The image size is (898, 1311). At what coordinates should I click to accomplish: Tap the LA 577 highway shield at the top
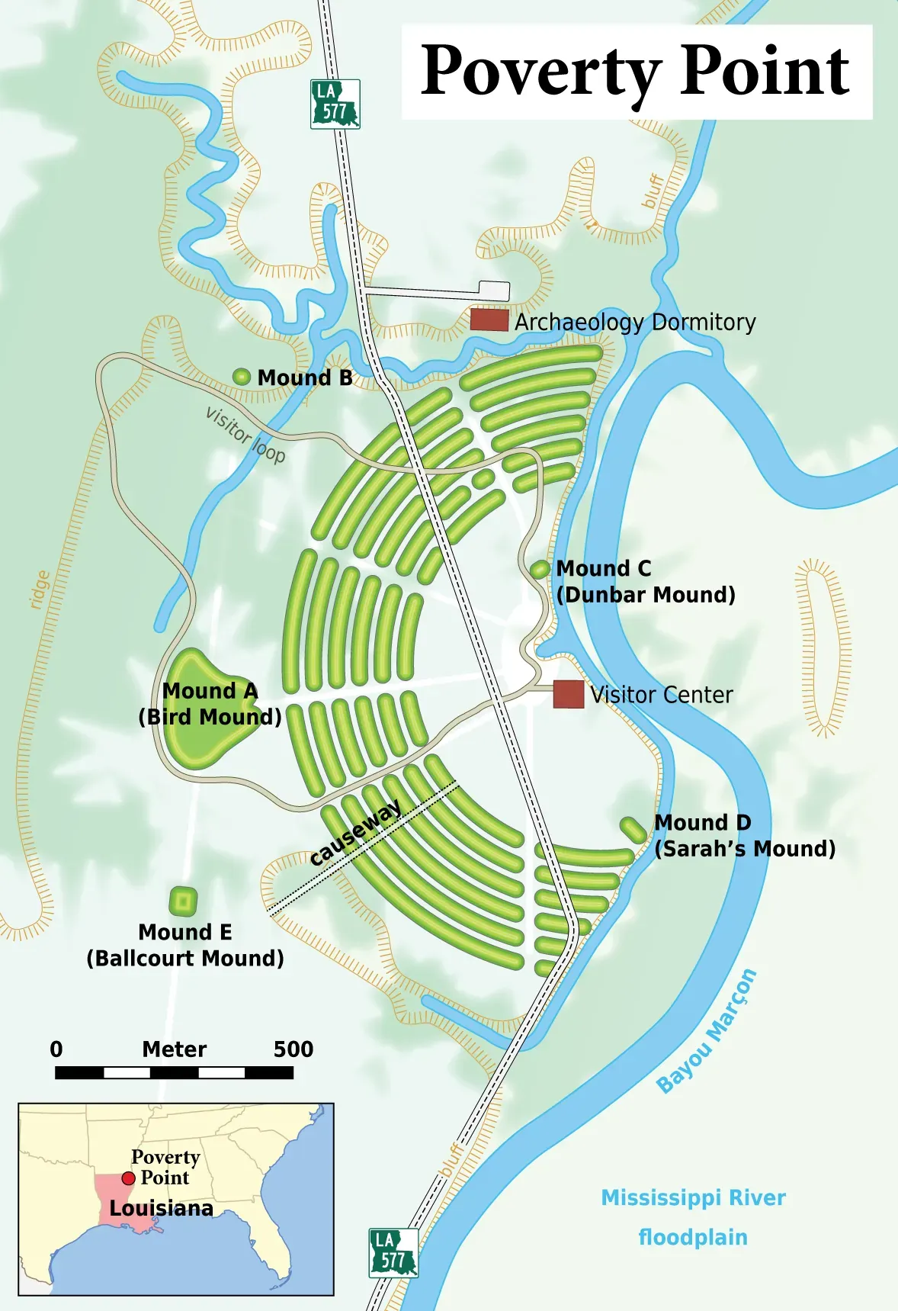[335, 104]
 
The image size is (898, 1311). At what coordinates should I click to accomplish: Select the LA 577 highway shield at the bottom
[393, 1252]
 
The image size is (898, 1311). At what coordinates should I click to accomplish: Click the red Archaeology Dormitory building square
[489, 320]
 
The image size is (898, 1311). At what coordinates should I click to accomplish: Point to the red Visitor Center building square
[568, 694]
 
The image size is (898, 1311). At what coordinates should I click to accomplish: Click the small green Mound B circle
[242, 376]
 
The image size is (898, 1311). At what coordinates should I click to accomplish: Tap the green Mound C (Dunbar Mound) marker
[540, 569]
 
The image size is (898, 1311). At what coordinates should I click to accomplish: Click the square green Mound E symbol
[183, 902]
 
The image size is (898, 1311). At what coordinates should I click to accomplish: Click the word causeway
[355, 833]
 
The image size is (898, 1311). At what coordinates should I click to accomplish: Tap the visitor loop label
[245, 435]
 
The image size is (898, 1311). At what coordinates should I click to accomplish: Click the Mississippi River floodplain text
[693, 1216]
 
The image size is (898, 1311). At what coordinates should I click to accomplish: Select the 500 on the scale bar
[293, 1049]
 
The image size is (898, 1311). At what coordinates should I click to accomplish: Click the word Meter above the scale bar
[174, 1049]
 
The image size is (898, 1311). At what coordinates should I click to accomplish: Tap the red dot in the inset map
[128, 1179]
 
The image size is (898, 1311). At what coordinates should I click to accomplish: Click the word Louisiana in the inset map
[161, 1208]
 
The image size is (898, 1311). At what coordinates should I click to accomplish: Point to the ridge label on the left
[39, 590]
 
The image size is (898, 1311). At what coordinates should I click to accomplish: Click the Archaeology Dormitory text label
[635, 322]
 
